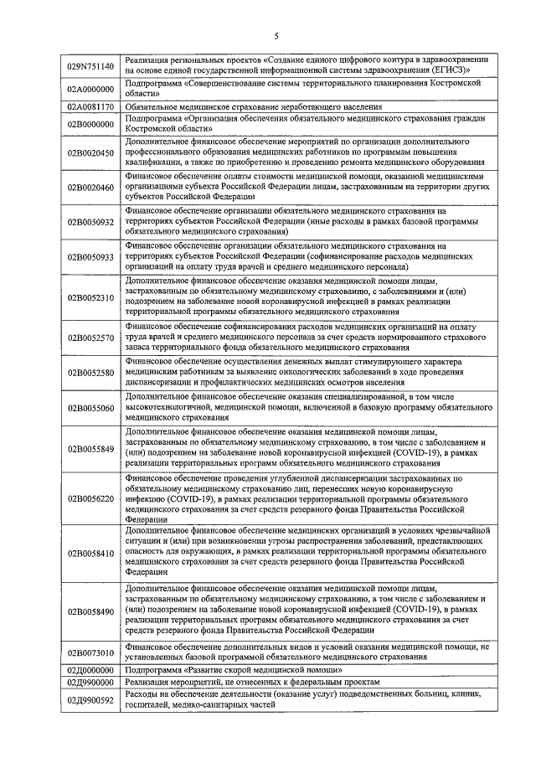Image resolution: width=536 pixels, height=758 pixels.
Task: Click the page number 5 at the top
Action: (x=276, y=35)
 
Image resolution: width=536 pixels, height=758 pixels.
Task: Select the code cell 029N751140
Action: (x=91, y=65)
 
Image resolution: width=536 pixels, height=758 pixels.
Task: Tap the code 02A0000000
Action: (x=91, y=90)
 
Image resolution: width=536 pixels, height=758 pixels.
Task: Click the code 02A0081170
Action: (x=91, y=108)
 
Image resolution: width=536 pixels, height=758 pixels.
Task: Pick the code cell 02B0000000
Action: (x=91, y=125)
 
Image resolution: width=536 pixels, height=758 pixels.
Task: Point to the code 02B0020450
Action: (x=91, y=153)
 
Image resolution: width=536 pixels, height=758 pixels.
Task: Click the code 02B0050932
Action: (x=91, y=222)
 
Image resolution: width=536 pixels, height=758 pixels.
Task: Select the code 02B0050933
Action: (x=91, y=256)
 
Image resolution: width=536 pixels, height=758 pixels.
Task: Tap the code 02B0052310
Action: (x=91, y=296)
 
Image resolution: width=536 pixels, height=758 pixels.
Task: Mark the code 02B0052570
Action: (x=91, y=338)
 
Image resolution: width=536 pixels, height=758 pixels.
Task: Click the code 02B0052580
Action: (x=91, y=372)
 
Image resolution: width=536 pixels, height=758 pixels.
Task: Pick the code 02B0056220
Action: (x=91, y=498)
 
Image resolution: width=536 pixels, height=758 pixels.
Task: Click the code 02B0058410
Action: (x=91, y=554)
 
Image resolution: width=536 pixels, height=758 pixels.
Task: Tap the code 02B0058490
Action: (x=91, y=611)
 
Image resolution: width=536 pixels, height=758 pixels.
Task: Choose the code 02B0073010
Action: (x=91, y=652)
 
